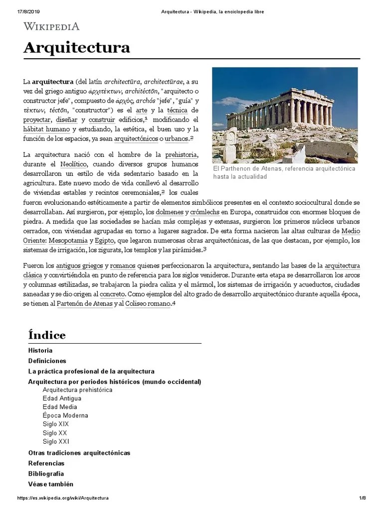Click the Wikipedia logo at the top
51,26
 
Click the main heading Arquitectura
77,48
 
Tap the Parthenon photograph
285,115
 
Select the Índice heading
47,335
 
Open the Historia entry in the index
40,350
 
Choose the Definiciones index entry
47,361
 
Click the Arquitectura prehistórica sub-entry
77,389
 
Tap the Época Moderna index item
65,415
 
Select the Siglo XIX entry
56,424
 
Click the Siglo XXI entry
56,441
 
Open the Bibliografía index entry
46,474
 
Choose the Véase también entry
51,484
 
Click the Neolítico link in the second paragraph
74,164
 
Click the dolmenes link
170,212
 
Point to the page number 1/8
363,498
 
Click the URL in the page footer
63,498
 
